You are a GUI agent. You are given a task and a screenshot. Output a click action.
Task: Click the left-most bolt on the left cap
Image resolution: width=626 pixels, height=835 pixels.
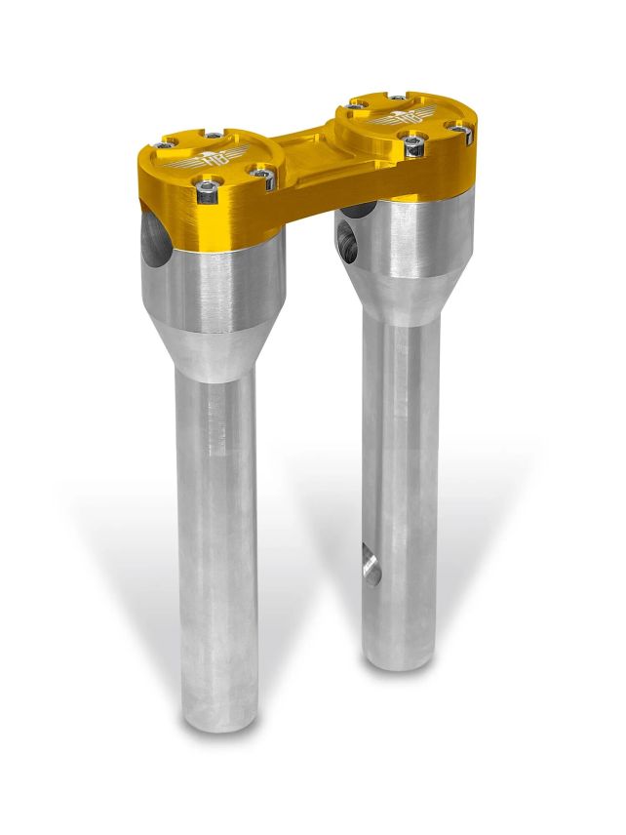[x=162, y=146]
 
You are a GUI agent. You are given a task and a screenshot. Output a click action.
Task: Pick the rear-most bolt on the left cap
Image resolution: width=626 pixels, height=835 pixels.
[x=214, y=135]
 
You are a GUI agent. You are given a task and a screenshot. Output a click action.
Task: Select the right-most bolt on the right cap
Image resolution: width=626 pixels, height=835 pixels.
[x=457, y=126]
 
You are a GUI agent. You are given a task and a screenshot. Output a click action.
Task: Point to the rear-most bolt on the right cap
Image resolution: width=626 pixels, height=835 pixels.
[x=397, y=98]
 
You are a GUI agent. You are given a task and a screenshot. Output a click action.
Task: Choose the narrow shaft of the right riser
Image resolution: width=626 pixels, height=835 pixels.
[x=400, y=488]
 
